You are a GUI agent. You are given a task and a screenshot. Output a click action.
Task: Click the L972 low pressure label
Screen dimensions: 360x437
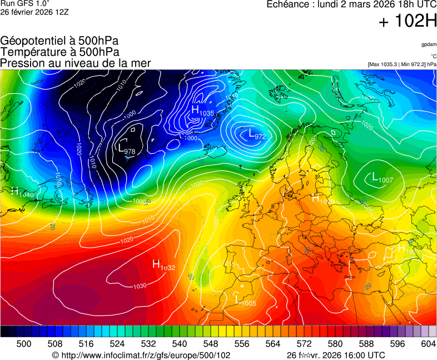[256, 134]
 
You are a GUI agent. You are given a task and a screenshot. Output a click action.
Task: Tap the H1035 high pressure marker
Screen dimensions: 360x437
[202, 111]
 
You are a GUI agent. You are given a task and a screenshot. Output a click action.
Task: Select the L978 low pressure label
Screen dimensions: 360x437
[127, 149]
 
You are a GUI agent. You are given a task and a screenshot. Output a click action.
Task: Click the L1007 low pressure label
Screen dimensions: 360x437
[382, 178]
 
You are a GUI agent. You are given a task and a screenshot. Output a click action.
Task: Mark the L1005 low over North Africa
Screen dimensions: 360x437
[245, 301]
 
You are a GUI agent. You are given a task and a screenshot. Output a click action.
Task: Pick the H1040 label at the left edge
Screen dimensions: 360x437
[22, 192]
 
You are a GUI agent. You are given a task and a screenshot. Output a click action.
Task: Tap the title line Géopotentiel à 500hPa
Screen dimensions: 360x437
[59, 41]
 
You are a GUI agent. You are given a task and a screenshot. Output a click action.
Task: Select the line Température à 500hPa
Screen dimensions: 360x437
[59, 52]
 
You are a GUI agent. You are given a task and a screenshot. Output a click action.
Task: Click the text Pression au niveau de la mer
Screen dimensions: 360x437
[76, 63]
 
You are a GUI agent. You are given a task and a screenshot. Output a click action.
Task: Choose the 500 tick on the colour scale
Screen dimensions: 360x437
[23, 344]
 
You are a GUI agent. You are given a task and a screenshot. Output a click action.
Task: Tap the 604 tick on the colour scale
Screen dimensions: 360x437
[428, 344]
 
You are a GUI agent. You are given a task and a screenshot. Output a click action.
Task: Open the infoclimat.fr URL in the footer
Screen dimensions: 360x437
[141, 355]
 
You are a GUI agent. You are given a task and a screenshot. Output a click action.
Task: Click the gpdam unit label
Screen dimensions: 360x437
[429, 44]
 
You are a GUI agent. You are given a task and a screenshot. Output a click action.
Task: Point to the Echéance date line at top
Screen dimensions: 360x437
[351, 5]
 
